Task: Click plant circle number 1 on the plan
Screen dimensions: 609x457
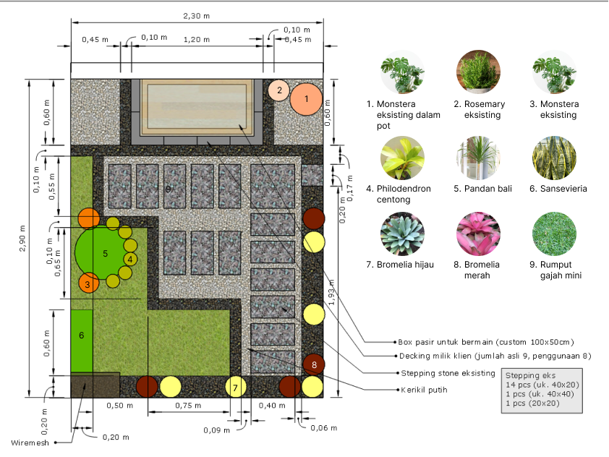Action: (x=307, y=99)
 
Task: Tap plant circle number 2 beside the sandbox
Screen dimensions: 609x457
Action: (x=279, y=90)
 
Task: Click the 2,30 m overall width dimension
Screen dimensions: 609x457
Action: (x=197, y=16)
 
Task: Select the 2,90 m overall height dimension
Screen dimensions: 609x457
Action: (x=22, y=238)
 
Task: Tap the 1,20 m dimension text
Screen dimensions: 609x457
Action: (x=197, y=40)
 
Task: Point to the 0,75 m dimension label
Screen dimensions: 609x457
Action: (x=188, y=406)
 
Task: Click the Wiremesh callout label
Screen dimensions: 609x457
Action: (x=30, y=443)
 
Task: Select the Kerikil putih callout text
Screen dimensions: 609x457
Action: (x=424, y=390)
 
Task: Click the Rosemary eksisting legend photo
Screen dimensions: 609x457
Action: (x=478, y=72)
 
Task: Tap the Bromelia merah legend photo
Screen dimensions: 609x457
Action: (x=478, y=234)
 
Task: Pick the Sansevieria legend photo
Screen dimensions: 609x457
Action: (x=554, y=158)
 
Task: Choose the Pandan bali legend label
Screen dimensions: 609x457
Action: (x=482, y=189)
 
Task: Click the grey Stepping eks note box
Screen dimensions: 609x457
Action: (x=542, y=390)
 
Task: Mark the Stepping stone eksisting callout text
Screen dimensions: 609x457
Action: (x=448, y=373)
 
